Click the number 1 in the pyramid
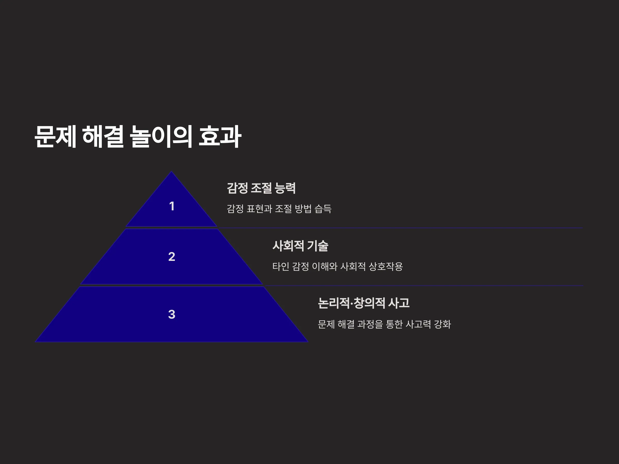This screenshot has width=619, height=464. pos(172,206)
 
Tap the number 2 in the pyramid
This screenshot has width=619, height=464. pos(172,256)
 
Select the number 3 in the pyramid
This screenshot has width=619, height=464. pos(172,314)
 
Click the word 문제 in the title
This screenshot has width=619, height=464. pos(55,136)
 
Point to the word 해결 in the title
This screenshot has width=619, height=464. pos(103,136)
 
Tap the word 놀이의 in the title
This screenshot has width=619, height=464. pos(161,136)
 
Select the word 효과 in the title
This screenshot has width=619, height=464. pos(220,136)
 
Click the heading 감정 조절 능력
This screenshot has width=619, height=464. pos(261,188)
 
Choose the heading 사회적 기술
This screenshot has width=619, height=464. pos(300,246)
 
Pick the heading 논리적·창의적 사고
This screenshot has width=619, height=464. pos(364,303)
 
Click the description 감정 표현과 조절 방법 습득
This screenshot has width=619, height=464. pos(279,209)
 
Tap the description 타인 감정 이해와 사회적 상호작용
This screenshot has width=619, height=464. pos(337,266)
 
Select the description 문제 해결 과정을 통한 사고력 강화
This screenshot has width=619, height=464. pos(384,324)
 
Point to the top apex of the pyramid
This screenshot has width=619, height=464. pos(172,171)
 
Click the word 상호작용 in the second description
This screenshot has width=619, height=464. pos(386,266)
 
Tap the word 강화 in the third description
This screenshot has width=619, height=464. pos(442,324)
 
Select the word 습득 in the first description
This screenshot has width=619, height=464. pos(323,209)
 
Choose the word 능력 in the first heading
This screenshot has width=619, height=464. pos(285,188)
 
